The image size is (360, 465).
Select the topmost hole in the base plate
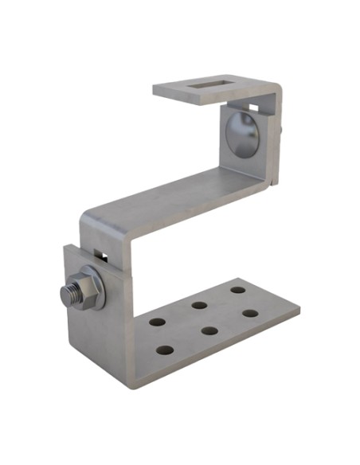pos(238,289)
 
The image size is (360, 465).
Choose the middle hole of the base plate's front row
pos(209,330)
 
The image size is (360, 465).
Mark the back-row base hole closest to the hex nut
pos(156,322)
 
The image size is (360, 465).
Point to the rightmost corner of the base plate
pos(299,307)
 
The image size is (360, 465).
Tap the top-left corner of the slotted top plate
pos(155,87)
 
